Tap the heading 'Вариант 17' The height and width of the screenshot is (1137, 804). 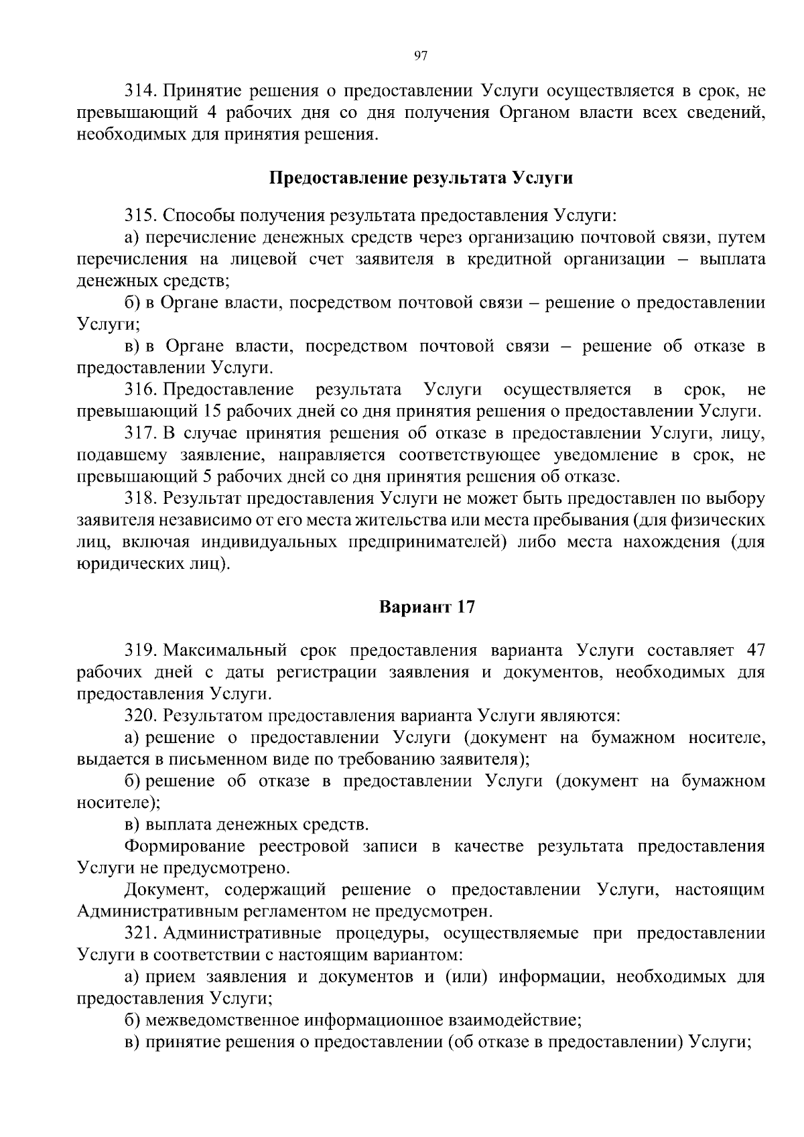pyautogui.click(x=427, y=607)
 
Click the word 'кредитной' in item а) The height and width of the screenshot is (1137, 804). pyautogui.click(x=509, y=259)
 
